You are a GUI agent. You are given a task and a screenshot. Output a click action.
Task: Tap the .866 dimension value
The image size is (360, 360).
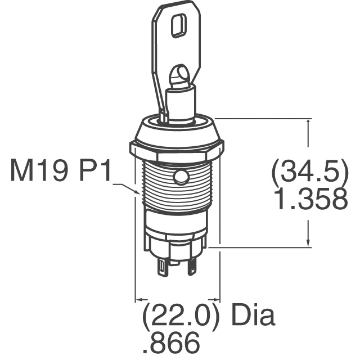pos(172,342)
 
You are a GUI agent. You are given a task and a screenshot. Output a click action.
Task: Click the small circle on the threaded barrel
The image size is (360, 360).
pos(180,178)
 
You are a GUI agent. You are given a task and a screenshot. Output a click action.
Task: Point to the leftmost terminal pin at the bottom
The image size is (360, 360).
pos(163,267)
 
